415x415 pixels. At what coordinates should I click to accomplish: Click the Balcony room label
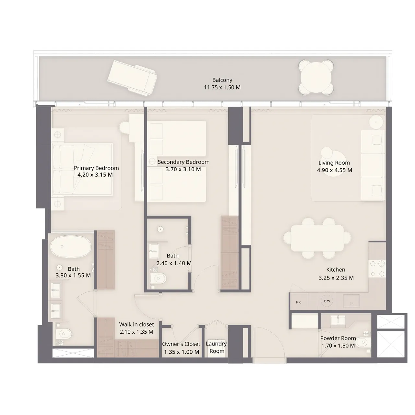click(222, 80)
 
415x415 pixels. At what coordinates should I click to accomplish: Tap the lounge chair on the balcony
click(133, 78)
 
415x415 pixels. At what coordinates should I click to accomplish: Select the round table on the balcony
click(316, 77)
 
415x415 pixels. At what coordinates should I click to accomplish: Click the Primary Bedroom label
click(96, 168)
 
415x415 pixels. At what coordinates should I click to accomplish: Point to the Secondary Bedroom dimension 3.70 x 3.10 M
click(183, 169)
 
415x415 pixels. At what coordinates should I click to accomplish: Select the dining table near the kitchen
click(317, 238)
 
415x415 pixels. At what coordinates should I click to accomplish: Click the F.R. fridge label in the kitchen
click(299, 302)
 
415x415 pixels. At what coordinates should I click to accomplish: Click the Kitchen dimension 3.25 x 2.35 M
click(336, 278)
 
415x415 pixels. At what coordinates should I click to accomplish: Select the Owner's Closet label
click(181, 344)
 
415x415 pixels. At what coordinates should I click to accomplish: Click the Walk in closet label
click(136, 324)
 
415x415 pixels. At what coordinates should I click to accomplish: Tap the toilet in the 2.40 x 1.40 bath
click(160, 278)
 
